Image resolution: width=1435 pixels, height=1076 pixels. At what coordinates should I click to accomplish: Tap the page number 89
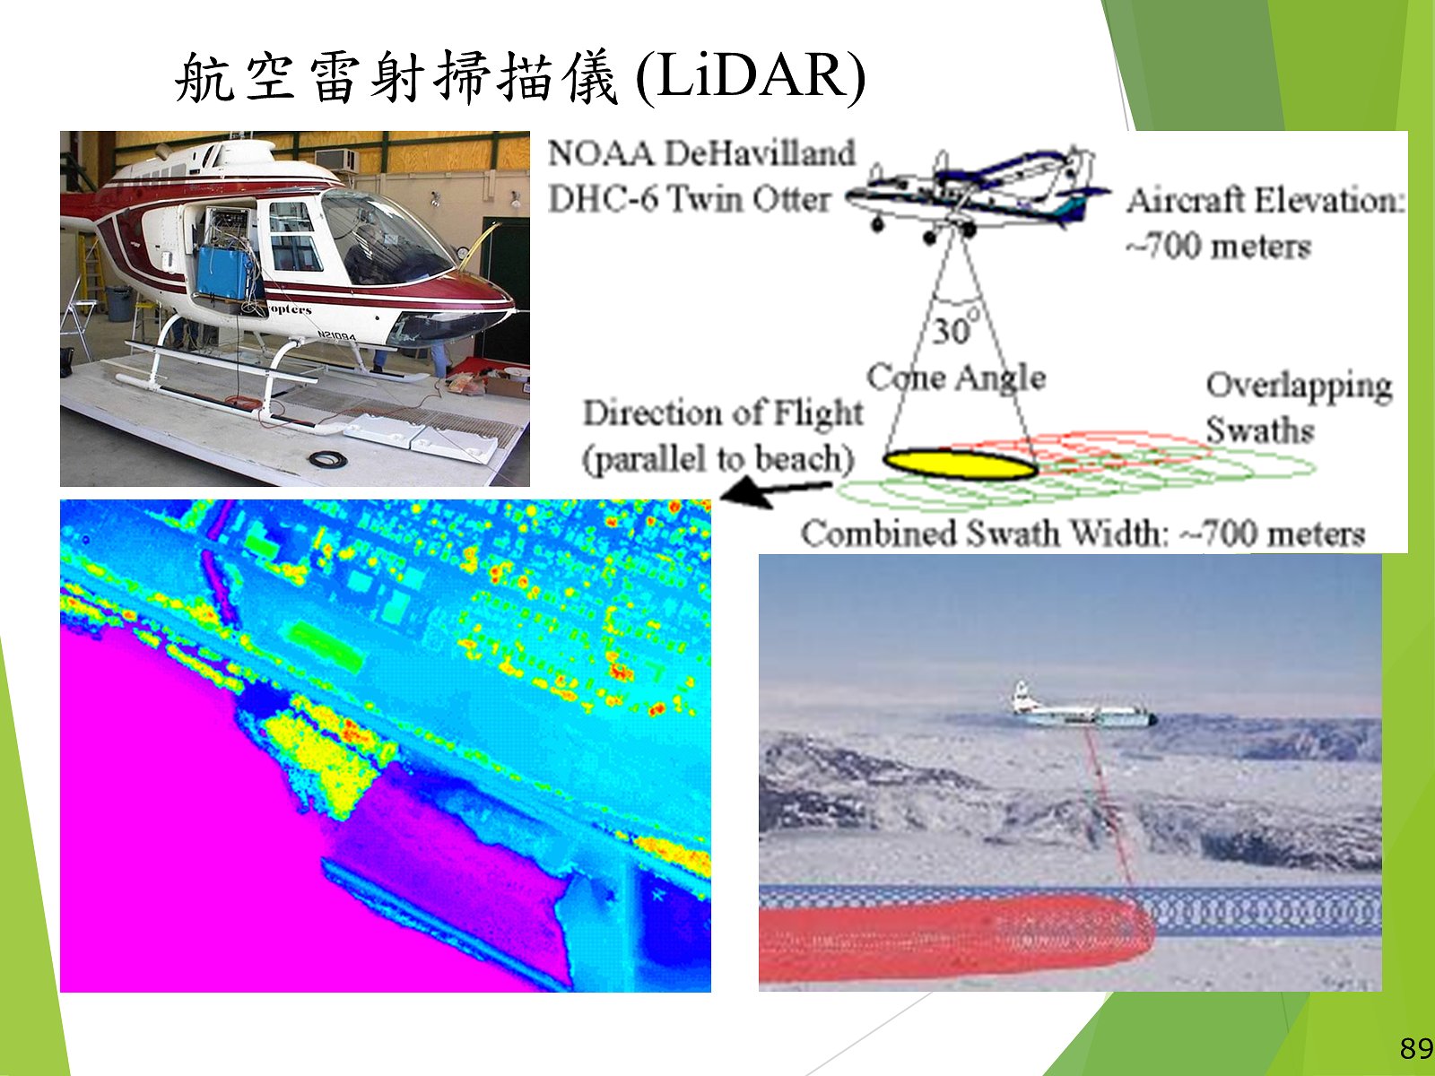pos(1416,1048)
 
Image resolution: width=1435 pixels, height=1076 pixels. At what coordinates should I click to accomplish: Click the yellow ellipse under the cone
pos(960,464)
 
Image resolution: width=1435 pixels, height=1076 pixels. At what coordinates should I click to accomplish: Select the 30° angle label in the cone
pos(955,328)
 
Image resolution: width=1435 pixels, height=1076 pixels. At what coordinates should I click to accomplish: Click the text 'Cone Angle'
pos(956,377)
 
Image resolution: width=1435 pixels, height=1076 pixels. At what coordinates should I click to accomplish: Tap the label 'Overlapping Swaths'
pos(1299,408)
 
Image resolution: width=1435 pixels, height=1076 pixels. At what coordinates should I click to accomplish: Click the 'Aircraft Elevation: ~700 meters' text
pos(1265,223)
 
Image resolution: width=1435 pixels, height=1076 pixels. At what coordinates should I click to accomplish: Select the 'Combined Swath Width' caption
pos(1083,534)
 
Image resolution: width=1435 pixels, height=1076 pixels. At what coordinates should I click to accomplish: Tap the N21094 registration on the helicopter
pos(336,335)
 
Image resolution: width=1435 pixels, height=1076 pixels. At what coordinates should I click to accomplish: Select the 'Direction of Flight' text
pos(722,412)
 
